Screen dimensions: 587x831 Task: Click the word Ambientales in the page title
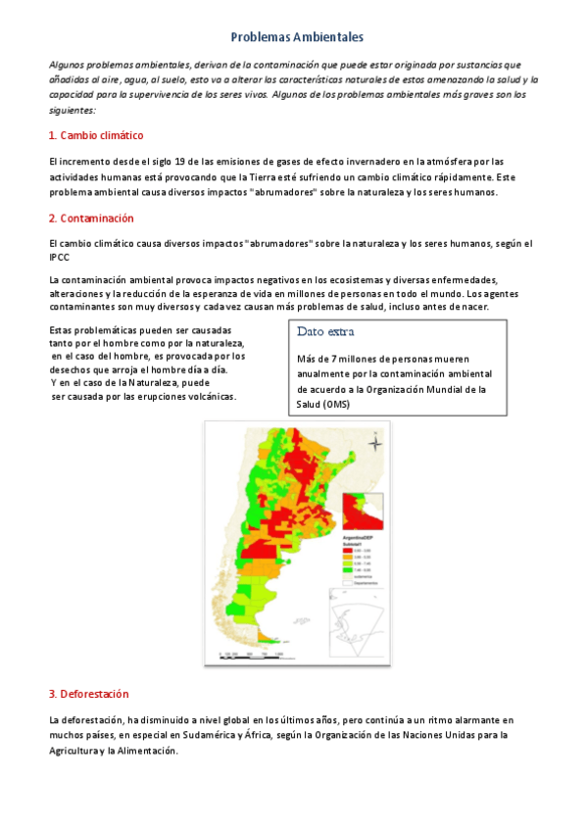click(325, 37)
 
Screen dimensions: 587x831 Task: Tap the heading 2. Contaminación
click(91, 219)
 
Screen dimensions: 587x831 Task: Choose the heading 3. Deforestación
click(89, 694)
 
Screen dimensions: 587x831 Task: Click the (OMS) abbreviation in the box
click(335, 404)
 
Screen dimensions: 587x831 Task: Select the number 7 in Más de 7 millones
click(330, 359)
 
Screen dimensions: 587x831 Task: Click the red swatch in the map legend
click(347, 549)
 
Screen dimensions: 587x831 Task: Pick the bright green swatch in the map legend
click(347, 569)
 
